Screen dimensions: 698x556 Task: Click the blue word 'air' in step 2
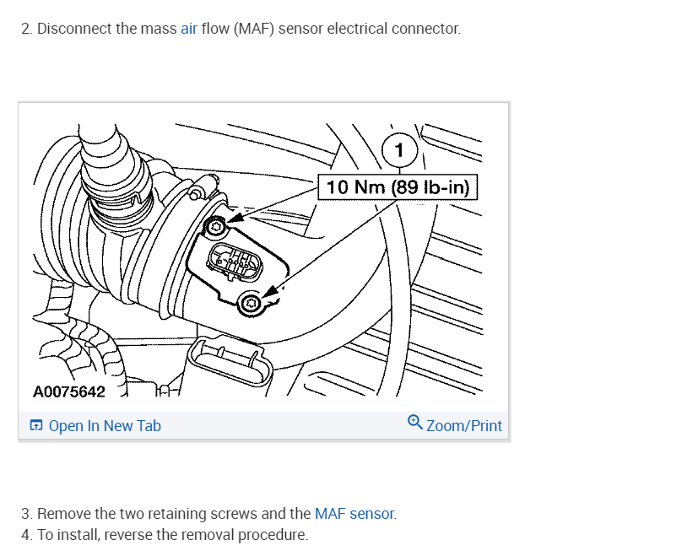[189, 29]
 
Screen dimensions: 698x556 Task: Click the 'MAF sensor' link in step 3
[354, 514]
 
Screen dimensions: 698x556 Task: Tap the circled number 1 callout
[400, 152]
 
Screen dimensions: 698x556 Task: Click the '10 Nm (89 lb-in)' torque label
[398, 186]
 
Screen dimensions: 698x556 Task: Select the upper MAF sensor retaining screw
[217, 225]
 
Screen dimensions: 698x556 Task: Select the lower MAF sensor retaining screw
[250, 304]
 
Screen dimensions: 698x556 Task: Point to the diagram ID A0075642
[69, 392]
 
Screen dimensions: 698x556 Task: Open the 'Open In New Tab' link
[104, 426]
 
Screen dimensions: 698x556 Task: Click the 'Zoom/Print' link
[463, 426]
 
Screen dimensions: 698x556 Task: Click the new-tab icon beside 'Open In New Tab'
[36, 426]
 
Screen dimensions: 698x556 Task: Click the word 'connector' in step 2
[426, 29]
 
